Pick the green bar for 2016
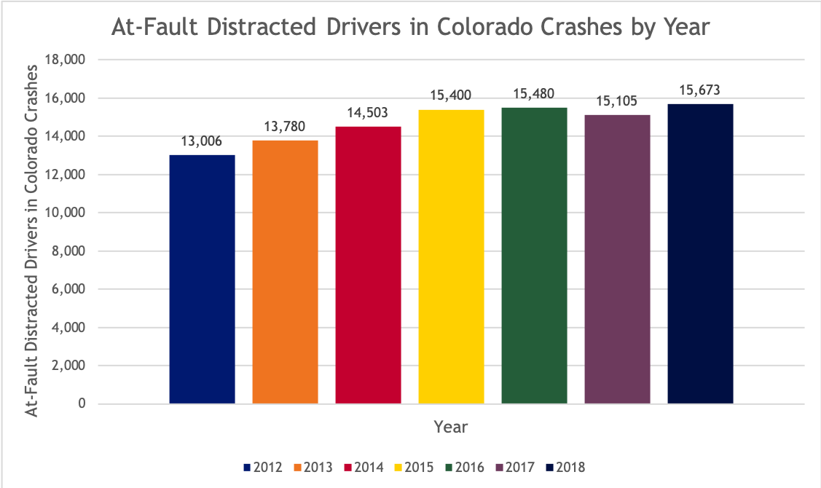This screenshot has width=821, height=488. (x=534, y=256)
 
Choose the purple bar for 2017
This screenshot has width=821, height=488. (x=617, y=259)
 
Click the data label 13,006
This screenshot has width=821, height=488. (x=203, y=141)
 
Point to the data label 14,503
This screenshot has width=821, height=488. (x=369, y=113)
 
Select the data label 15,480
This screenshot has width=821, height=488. (x=534, y=94)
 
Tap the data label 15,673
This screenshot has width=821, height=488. (x=700, y=90)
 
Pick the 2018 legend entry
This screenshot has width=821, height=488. (x=565, y=468)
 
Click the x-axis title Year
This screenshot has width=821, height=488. (x=450, y=427)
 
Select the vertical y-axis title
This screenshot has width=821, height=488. (x=31, y=240)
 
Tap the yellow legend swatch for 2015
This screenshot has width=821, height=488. (x=398, y=468)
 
